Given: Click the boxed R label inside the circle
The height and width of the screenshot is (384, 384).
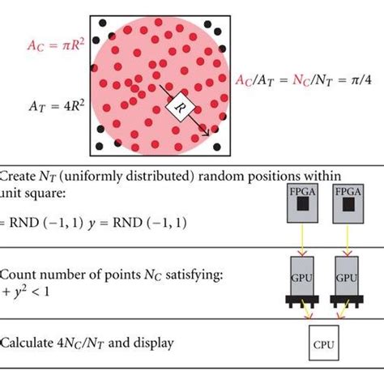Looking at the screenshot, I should (179, 104).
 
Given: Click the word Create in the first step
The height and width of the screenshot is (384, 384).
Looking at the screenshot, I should (18, 176).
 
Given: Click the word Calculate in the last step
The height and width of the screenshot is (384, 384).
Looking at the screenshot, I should (28, 343).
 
